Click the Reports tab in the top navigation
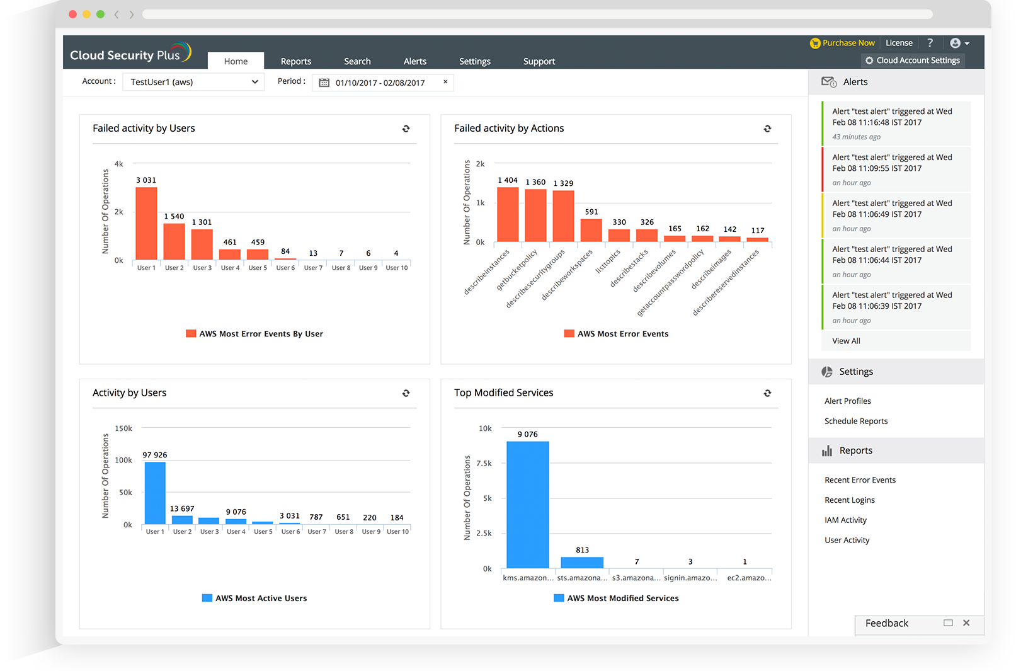point(295,61)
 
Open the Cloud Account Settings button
point(912,60)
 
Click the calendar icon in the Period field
point(324,83)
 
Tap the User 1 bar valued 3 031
point(146,223)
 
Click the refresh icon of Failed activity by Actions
point(767,129)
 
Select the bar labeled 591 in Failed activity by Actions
point(591,230)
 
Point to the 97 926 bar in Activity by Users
point(155,493)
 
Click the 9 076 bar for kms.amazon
point(527,504)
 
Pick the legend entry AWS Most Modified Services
point(616,599)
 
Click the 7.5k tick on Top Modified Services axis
point(484,463)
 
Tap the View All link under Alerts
point(846,341)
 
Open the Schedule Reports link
point(856,421)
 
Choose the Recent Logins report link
point(850,500)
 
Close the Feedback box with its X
point(966,622)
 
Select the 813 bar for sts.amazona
point(582,562)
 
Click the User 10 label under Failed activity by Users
point(397,268)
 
